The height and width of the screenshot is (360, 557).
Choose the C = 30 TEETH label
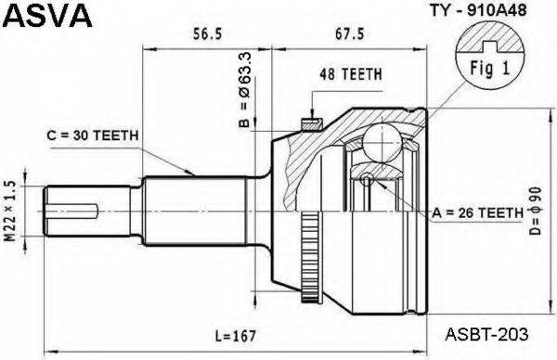pyautogui.click(x=93, y=135)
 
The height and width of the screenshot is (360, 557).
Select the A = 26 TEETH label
pyautogui.click(x=476, y=214)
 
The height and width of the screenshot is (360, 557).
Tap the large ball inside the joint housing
pyautogui.click(x=380, y=144)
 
